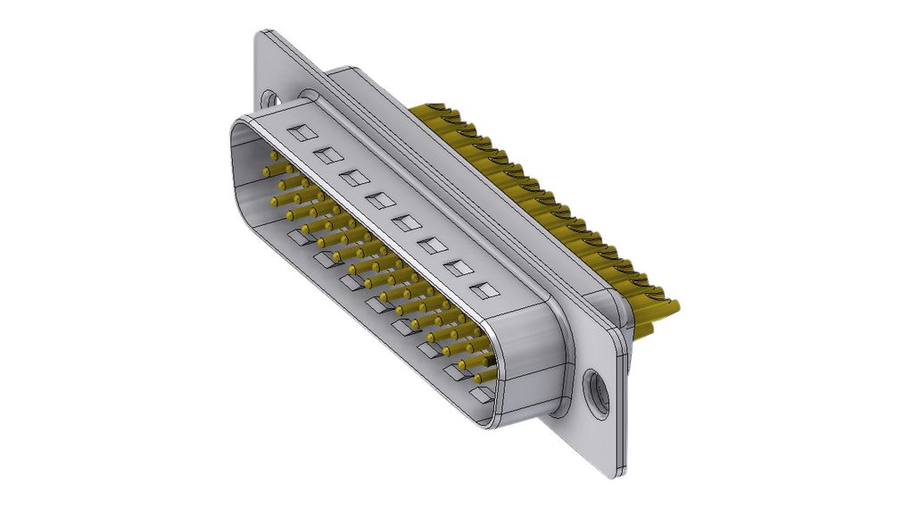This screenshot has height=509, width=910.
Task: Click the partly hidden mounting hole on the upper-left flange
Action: point(269,95)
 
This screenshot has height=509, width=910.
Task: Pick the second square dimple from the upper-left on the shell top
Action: point(327,155)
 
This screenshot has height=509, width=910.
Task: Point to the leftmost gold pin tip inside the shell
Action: point(266,170)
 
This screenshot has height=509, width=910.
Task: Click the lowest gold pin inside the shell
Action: point(483,379)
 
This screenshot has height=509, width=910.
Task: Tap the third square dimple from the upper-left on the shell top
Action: point(352,177)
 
